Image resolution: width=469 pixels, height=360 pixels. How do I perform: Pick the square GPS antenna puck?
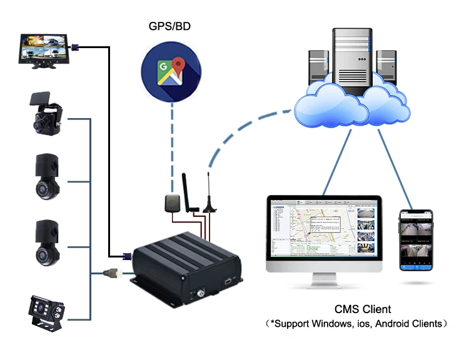173,202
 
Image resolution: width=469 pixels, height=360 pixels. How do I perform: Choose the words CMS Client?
363,309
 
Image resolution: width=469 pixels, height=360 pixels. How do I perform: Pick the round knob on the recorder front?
202,292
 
